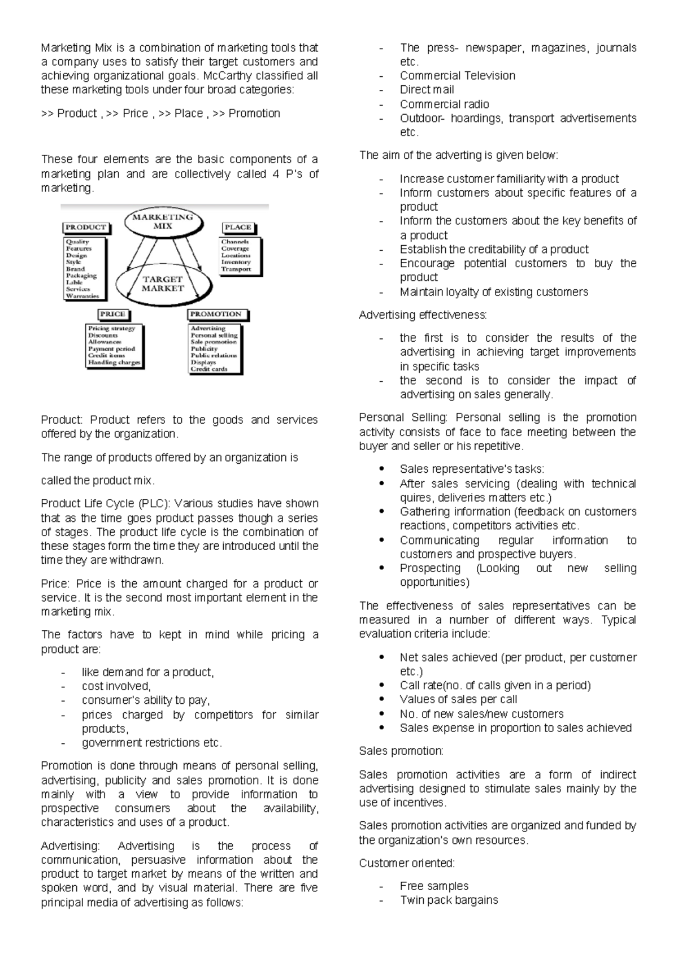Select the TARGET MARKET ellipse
click(x=163, y=284)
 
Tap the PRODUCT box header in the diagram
click(x=86, y=227)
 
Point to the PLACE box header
click(x=238, y=227)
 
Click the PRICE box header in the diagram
click(x=112, y=314)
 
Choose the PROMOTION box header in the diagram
click(x=216, y=314)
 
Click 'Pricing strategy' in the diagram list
click(x=111, y=328)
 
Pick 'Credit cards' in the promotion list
click(x=208, y=369)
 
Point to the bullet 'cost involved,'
click(x=116, y=686)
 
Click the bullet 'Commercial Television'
click(x=457, y=76)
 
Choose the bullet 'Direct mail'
click(x=427, y=89)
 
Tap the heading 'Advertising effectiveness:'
click(x=423, y=315)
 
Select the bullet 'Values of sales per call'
click(x=458, y=699)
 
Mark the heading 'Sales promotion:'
click(x=401, y=751)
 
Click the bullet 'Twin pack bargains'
click(x=449, y=900)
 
